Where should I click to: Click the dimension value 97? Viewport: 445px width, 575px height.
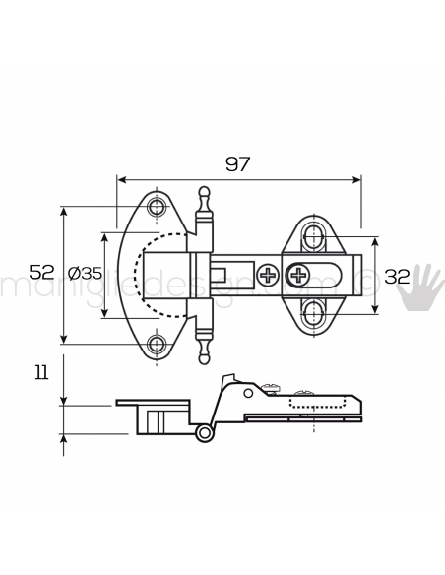(x=238, y=163)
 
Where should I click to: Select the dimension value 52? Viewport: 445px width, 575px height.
(x=40, y=273)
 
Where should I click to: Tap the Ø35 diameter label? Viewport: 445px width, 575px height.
(x=86, y=274)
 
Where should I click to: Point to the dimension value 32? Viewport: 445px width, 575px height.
(x=397, y=276)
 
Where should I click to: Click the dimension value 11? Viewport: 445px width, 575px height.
(x=40, y=373)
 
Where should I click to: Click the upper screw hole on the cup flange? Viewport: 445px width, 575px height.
(x=157, y=208)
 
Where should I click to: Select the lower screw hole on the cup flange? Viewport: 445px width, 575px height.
(x=157, y=344)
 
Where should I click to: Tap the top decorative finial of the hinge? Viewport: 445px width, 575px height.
(x=204, y=194)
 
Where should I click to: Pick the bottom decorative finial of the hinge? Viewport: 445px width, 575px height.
(x=204, y=356)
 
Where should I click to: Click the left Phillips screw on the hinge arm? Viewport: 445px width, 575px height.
(x=268, y=275)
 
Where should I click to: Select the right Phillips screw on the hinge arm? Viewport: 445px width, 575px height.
(x=297, y=275)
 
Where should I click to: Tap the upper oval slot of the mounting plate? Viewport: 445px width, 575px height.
(x=313, y=235)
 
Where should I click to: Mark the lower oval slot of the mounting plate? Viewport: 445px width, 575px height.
(x=313, y=314)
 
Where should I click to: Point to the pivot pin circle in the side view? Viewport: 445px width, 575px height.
(x=204, y=433)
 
